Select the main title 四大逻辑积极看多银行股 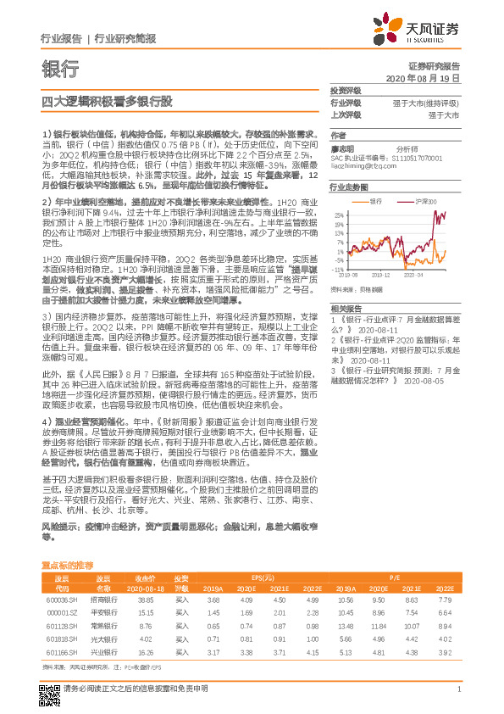tap(107, 101)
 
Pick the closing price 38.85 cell tap(145, 600)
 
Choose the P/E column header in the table tap(395, 576)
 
